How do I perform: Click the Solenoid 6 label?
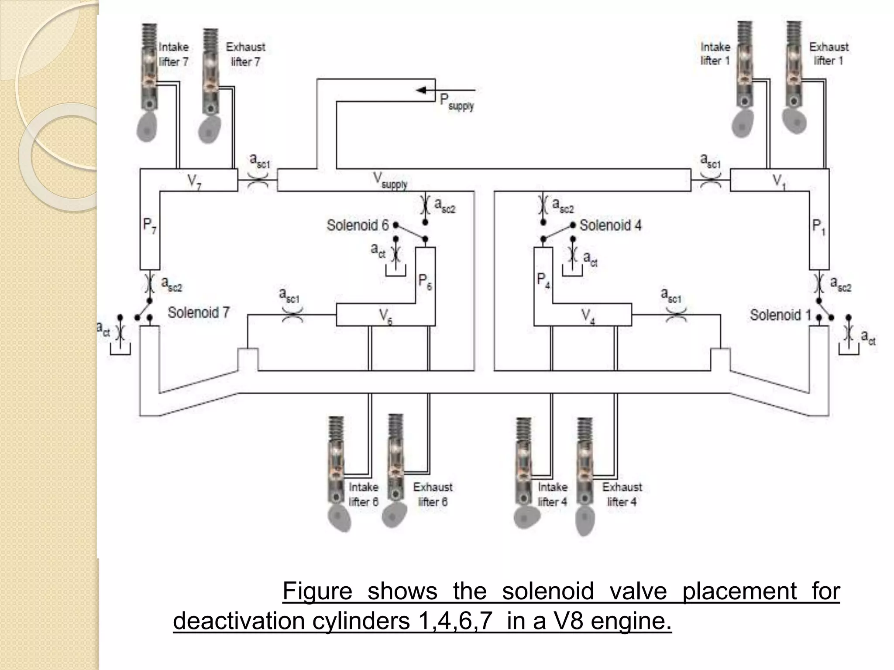[358, 226]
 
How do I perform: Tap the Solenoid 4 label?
[610, 226]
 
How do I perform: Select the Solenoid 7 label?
[199, 312]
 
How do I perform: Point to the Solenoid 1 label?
[780, 314]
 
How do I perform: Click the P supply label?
[456, 102]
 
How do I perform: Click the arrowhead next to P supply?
[422, 90]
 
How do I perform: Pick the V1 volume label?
[779, 181]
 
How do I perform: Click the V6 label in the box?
[385, 316]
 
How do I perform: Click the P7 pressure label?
[150, 226]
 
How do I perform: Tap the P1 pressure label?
[819, 227]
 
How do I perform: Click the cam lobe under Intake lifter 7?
[147, 127]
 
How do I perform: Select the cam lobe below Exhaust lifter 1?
[794, 120]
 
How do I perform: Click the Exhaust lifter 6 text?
[433, 494]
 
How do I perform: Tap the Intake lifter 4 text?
[553, 494]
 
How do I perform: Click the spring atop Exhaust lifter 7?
[210, 38]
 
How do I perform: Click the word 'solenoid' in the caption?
[548, 591]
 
